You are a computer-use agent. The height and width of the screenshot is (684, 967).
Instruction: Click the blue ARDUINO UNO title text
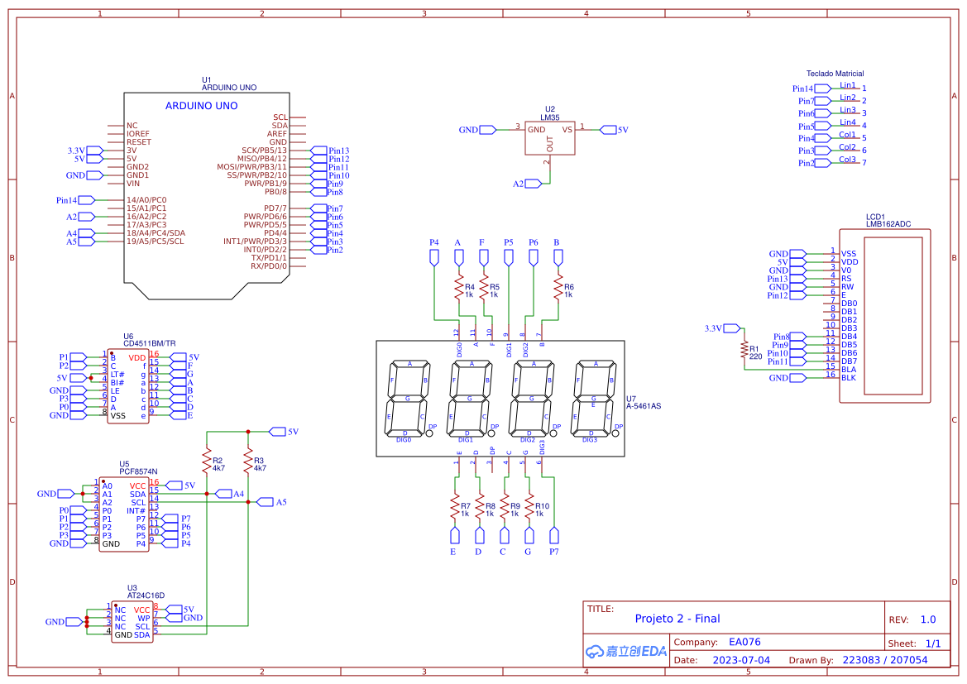coord(201,106)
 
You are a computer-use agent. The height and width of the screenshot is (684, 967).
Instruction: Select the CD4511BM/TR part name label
coord(149,343)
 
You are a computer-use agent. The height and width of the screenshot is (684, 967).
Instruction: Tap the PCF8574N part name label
coord(138,471)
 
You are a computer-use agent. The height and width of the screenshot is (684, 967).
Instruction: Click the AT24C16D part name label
coord(146,596)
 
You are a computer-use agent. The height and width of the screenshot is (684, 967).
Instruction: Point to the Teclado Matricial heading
coord(835,74)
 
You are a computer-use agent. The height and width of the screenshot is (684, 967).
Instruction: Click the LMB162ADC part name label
coord(888,223)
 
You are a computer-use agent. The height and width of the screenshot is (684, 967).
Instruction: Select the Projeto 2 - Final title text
coord(677,619)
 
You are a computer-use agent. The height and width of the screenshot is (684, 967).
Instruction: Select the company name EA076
coord(744,642)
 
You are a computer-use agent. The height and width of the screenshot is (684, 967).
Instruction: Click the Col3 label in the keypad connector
coord(847,160)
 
